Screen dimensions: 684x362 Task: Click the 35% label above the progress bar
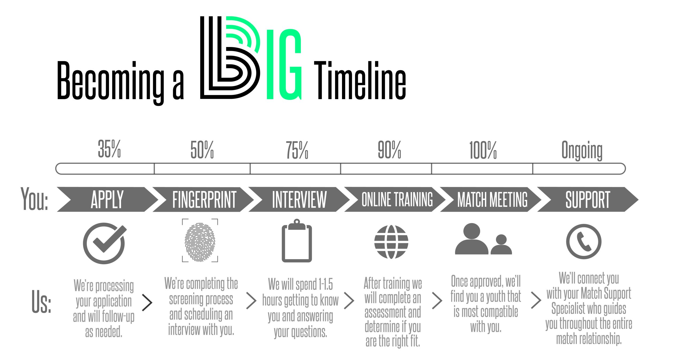tap(109, 149)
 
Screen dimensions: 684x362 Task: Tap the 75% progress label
tap(297, 150)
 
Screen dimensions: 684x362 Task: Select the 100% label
tap(483, 150)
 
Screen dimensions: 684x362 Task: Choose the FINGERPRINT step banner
tap(203, 199)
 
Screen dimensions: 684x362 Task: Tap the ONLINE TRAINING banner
tap(395, 199)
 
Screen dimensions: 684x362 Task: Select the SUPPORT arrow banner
tap(588, 199)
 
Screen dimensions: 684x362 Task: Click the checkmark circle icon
tap(104, 243)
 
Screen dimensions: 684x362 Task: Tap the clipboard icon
tap(297, 240)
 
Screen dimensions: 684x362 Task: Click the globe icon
tap(391, 242)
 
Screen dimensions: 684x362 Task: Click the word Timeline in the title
tap(360, 80)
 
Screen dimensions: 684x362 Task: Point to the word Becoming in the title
tap(111, 83)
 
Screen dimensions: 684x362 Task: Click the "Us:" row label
tap(41, 301)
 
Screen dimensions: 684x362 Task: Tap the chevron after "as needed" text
tap(147, 303)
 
